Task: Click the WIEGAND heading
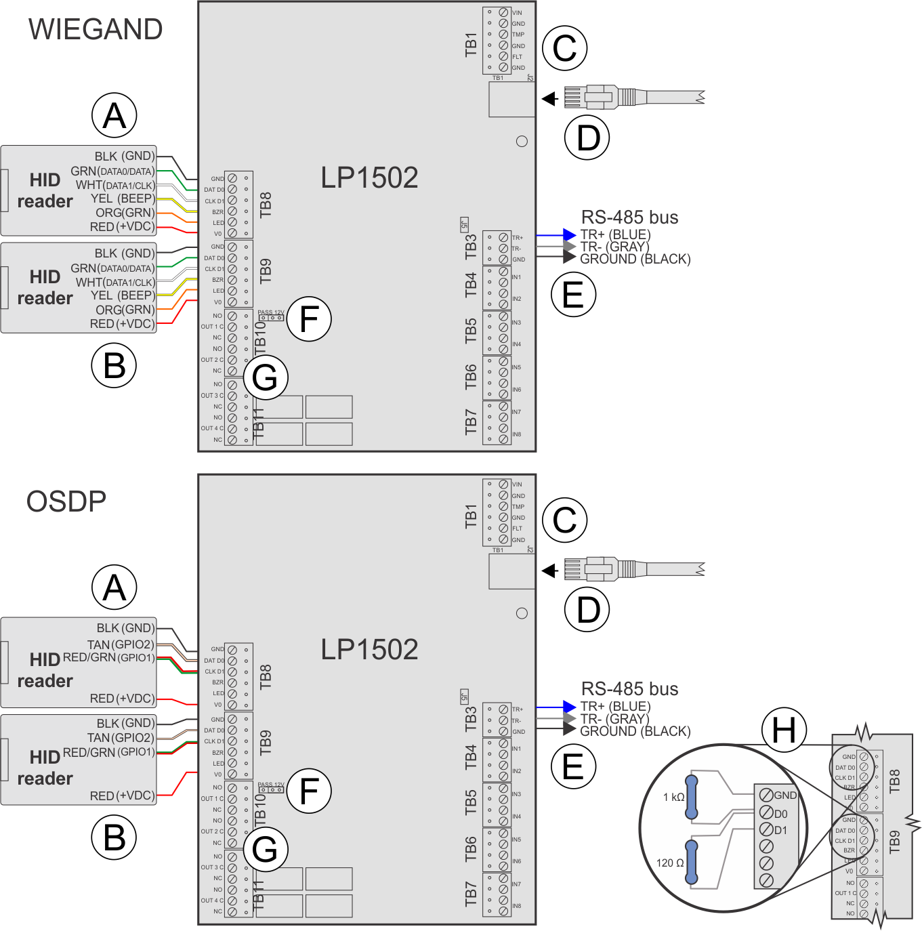(x=96, y=30)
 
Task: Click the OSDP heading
(x=66, y=502)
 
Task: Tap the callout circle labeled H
(x=784, y=730)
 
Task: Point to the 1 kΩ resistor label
(x=673, y=797)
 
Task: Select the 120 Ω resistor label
(x=670, y=863)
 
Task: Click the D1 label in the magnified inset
(x=780, y=830)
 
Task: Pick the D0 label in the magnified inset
(x=780, y=814)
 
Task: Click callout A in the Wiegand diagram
(x=114, y=115)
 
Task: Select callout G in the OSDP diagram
(x=265, y=850)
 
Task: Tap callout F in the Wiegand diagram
(x=309, y=319)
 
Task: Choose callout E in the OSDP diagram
(x=573, y=766)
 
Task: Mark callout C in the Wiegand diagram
(x=564, y=48)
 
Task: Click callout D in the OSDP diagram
(x=587, y=609)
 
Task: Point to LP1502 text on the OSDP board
(x=369, y=650)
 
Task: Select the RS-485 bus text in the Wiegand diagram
(x=629, y=218)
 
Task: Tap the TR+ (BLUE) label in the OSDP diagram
(x=615, y=707)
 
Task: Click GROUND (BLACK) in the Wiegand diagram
(x=635, y=259)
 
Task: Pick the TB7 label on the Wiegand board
(x=471, y=422)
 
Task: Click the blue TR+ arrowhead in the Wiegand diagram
(x=569, y=235)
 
